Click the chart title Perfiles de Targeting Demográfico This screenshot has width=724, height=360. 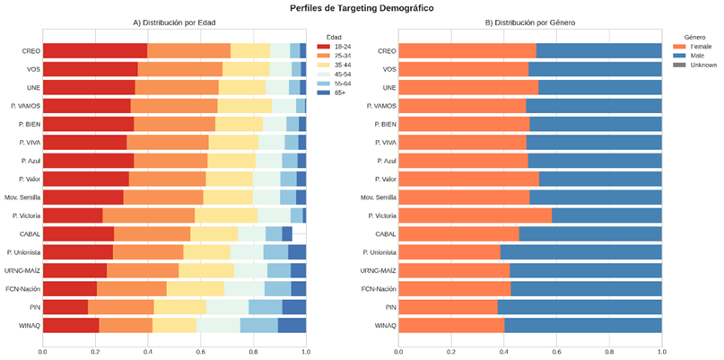pos(362,8)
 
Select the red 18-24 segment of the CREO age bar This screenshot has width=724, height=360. pos(95,51)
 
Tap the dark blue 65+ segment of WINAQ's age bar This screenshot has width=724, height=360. pos(292,325)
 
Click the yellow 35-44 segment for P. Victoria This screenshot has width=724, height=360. pos(226,215)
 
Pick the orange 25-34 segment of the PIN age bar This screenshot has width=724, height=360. pos(121,307)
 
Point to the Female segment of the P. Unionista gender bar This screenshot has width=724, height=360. pos(449,252)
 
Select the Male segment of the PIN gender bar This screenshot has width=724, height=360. pos(580,307)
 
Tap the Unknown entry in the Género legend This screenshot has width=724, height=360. pos(695,66)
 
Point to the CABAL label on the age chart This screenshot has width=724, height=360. pos(30,234)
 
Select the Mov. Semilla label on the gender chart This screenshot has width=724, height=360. pos(379,198)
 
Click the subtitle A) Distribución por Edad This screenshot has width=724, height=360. pos(174,22)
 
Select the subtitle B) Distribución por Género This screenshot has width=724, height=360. pos(530,22)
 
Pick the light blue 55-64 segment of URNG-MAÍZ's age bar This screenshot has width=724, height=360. pos(279,270)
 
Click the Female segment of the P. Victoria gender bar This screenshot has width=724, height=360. pos(475,215)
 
